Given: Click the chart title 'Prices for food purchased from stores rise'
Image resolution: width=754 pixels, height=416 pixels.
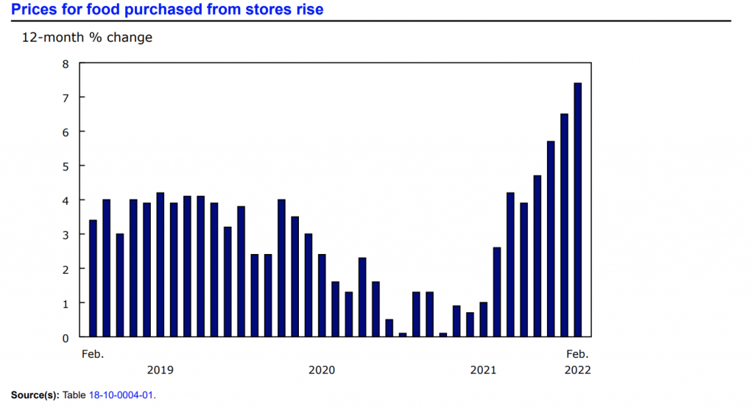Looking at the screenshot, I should tap(167, 10).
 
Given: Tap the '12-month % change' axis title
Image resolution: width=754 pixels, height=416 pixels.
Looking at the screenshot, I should tap(87, 38).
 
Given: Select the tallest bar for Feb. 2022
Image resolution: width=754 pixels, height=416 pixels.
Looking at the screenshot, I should tap(578, 210).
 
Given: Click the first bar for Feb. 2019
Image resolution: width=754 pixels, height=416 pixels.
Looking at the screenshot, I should tap(93, 278).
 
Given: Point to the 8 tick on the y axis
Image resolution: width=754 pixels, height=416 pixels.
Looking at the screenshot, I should tap(65, 64).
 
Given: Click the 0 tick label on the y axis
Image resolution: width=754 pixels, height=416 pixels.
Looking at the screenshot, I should tap(65, 337).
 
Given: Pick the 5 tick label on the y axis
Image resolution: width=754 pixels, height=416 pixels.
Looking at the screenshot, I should tap(65, 166).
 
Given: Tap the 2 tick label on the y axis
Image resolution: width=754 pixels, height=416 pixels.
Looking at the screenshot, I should tap(65, 269).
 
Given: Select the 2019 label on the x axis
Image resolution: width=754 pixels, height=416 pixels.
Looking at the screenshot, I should tap(161, 370).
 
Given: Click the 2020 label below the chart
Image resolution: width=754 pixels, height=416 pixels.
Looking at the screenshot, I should tap(322, 370).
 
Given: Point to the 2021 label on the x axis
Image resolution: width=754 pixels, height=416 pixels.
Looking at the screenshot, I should tap(483, 370).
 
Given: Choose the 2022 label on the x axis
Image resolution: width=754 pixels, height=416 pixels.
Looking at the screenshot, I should tap(577, 370).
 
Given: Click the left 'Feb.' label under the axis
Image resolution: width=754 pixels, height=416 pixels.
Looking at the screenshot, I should tap(93, 354).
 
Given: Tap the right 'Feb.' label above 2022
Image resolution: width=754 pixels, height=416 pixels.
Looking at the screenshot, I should tap(577, 354).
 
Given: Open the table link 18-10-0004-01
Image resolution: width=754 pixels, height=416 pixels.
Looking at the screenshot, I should tap(121, 395).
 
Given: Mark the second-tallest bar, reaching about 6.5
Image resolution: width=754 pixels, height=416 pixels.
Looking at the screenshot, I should tap(564, 225).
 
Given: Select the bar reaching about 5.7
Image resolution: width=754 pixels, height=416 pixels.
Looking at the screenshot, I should tap(551, 239).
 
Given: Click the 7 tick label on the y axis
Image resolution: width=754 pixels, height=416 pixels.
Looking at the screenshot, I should tap(65, 98).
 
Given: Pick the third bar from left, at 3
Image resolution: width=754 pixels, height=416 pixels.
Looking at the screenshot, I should tap(120, 286).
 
